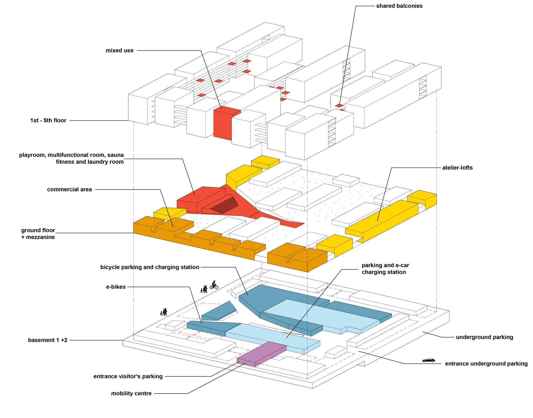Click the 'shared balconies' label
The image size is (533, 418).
click(399, 6)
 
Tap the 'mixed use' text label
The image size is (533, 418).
click(119, 51)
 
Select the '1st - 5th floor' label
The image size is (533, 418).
click(48, 120)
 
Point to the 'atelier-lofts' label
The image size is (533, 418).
click(457, 168)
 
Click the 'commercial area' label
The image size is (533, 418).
click(69, 190)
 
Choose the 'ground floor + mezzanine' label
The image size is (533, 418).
click(38, 234)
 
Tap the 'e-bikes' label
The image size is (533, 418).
click(116, 287)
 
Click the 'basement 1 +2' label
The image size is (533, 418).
click(48, 340)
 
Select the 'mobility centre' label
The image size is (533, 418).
click(131, 394)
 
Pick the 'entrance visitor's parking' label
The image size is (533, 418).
click(128, 376)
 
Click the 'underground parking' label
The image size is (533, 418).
click(484, 337)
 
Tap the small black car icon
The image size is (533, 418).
click(429, 360)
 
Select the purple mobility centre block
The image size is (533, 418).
click(261, 354)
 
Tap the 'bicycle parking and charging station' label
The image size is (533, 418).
click(150, 267)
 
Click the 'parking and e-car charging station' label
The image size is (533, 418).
click(385, 269)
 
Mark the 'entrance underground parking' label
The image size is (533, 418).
click(486, 364)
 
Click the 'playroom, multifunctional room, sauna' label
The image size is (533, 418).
click(71, 155)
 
